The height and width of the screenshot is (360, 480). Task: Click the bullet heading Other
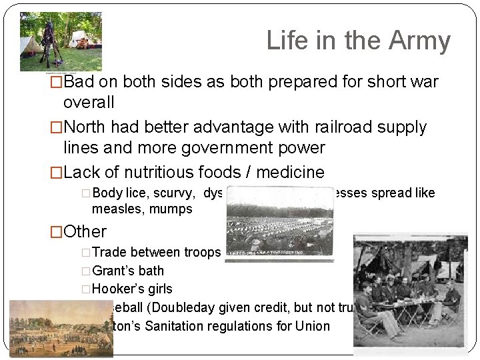click(85, 231)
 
